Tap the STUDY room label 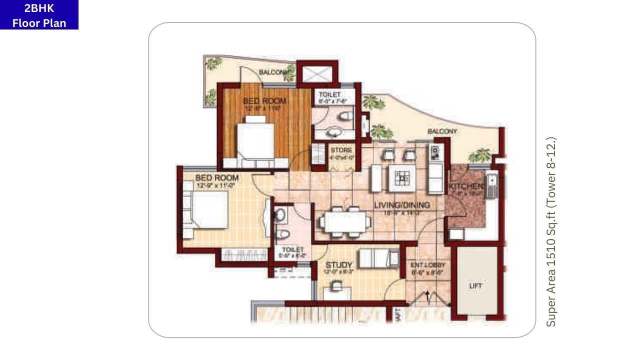(x=339, y=265)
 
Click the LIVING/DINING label (x=402, y=205)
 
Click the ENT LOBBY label (x=427, y=265)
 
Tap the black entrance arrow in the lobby (x=427, y=295)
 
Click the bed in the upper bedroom (x=255, y=142)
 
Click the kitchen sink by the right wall (x=491, y=185)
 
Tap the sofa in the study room (x=379, y=258)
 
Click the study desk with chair (x=336, y=289)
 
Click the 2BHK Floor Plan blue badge (x=39, y=15)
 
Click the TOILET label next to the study (x=292, y=250)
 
